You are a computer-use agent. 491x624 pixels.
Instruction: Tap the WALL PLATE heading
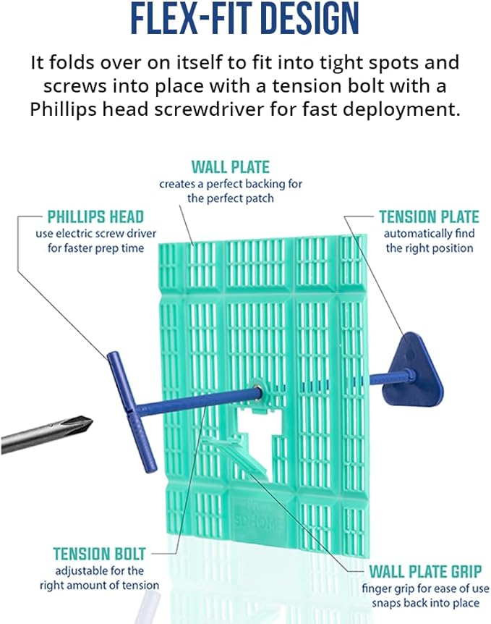(231, 166)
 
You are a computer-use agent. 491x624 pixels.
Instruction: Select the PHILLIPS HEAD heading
(95, 216)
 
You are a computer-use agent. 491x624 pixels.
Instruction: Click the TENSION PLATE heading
(429, 216)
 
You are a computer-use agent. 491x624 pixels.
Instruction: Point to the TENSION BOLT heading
(99, 555)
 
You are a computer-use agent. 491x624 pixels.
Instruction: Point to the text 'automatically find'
(429, 234)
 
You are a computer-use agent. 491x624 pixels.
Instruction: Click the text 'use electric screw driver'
(90, 234)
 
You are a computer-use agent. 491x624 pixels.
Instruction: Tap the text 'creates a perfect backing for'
(231, 184)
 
